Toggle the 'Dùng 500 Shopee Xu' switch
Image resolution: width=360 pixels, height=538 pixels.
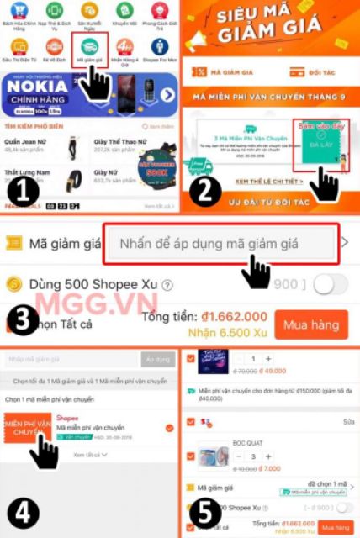click(x=330, y=284)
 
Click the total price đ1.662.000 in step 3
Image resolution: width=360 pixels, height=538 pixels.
click(x=234, y=317)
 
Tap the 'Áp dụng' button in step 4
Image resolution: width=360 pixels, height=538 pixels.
click(x=157, y=360)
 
